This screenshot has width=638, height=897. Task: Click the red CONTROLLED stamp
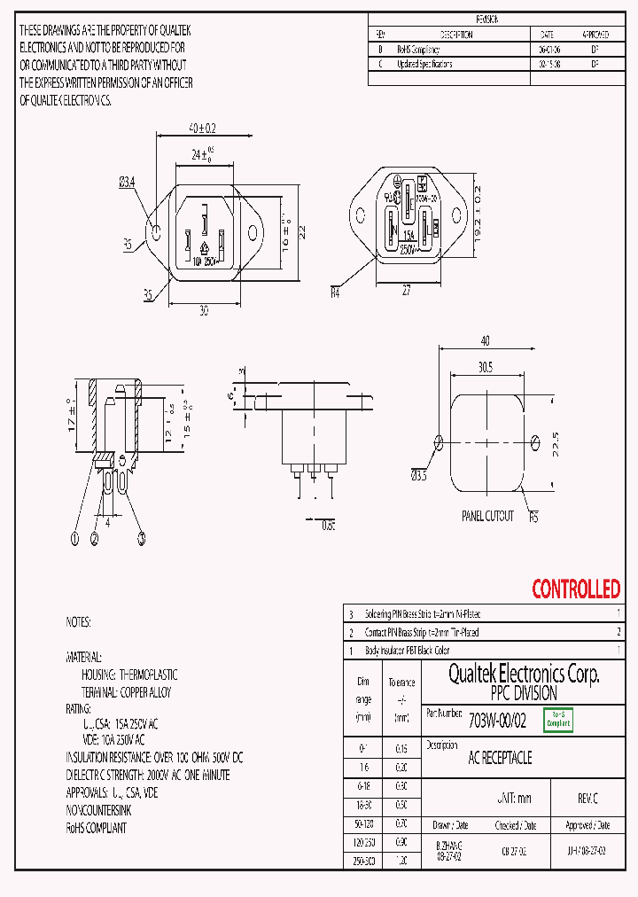[575, 589]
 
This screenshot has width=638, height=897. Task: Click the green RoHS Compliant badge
[557, 720]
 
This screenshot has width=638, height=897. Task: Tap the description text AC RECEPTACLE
[500, 758]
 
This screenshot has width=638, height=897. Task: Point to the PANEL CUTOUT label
[487, 516]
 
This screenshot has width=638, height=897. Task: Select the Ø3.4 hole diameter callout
[127, 183]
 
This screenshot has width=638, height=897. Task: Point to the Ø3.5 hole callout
[418, 477]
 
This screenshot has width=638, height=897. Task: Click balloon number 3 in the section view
[141, 537]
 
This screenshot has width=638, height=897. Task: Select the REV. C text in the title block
[587, 799]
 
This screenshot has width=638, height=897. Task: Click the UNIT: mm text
[514, 799]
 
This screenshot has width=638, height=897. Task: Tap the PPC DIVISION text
[524, 693]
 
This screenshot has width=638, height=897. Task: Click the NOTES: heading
[78, 623]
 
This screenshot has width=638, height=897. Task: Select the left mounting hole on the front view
[157, 232]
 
